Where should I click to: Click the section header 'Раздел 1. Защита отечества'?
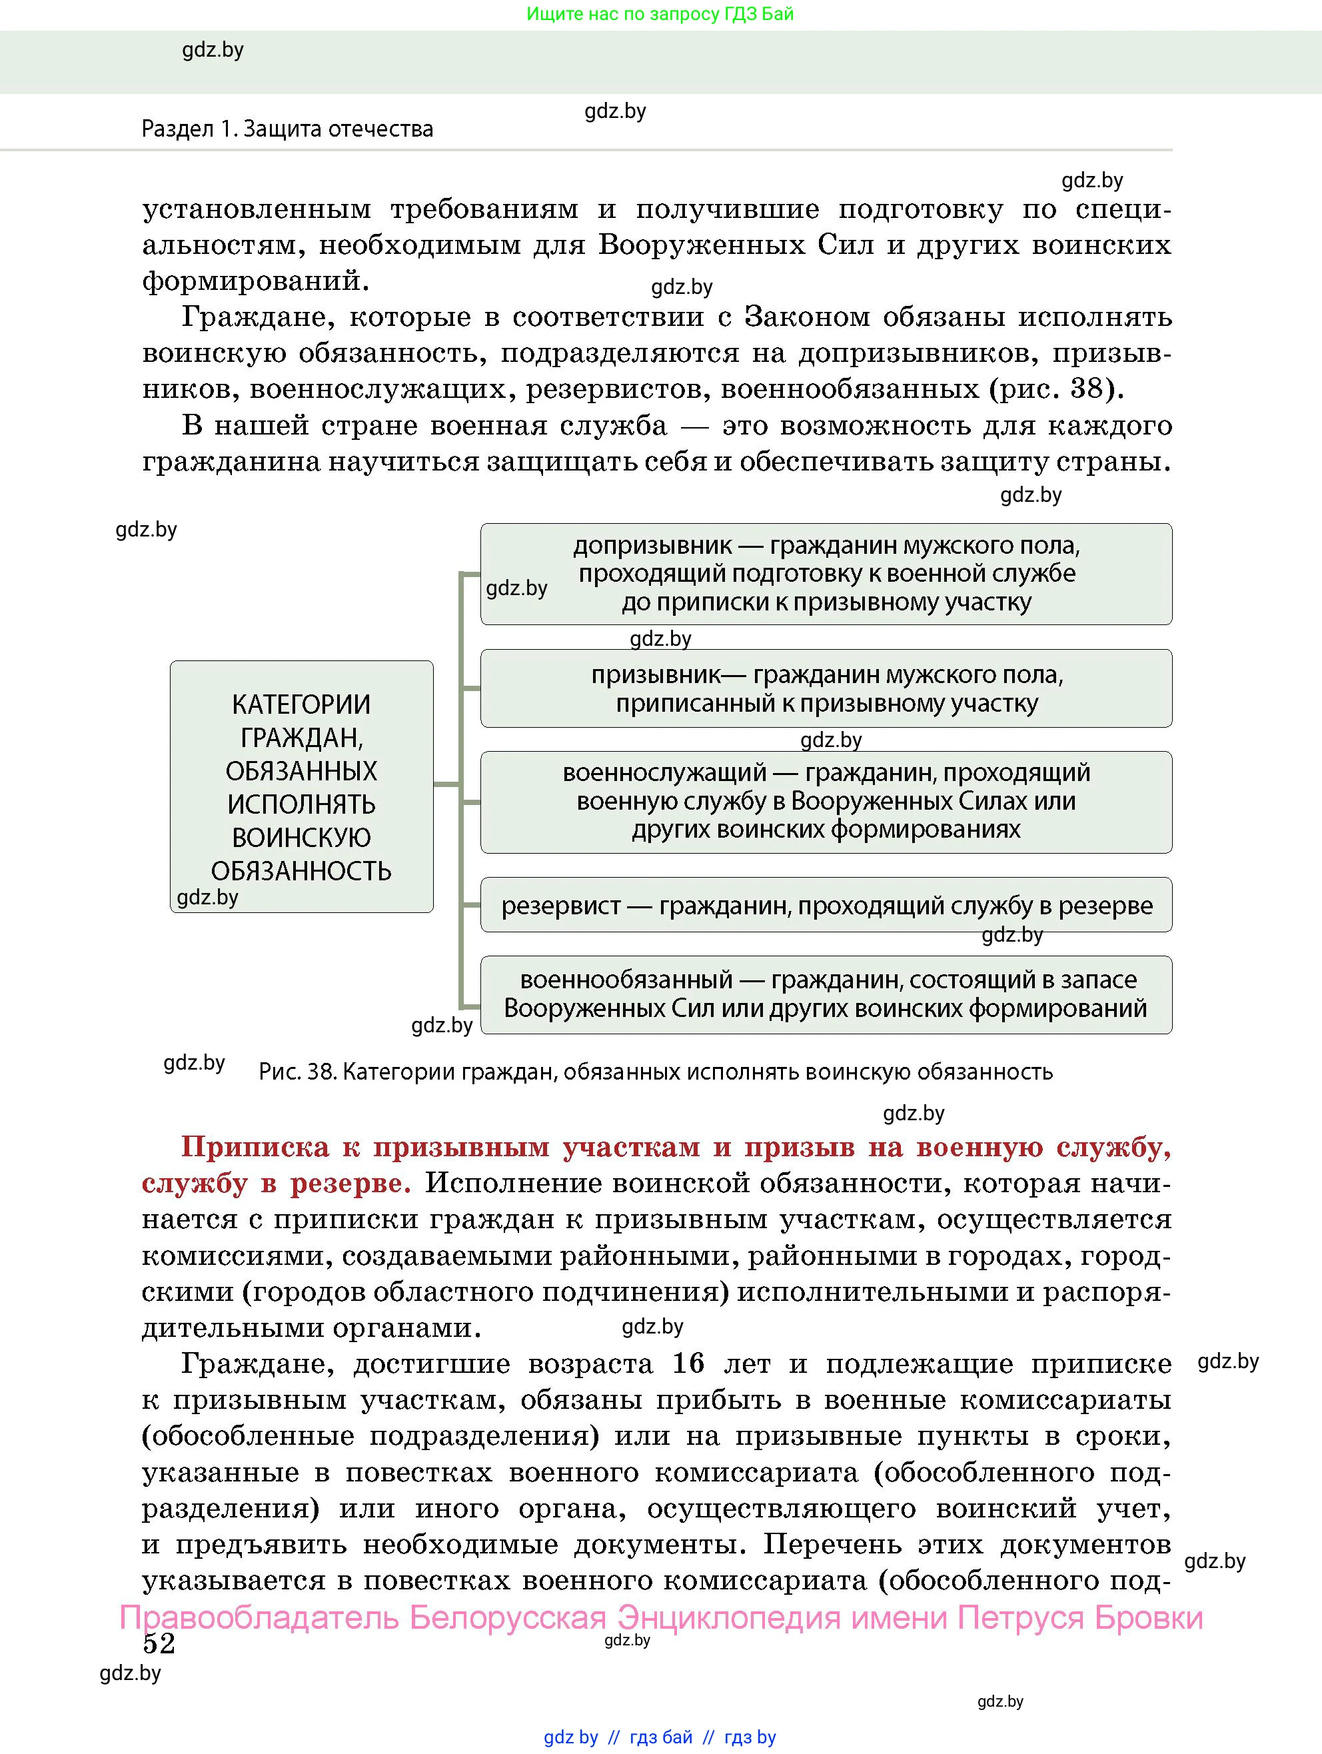pyautogui.click(x=287, y=129)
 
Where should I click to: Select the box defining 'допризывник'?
pyautogui.click(x=826, y=573)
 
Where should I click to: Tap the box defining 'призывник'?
pyautogui.click(x=826, y=688)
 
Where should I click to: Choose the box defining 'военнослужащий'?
pyautogui.click(x=826, y=802)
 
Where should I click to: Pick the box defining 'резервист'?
pyautogui.click(x=826, y=905)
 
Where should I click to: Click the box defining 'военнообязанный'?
pyautogui.click(x=826, y=994)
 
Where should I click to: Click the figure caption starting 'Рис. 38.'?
pyautogui.click(x=655, y=1072)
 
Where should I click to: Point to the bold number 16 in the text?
pyautogui.click(x=688, y=1363)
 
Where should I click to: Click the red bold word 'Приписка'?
pyautogui.click(x=255, y=1147)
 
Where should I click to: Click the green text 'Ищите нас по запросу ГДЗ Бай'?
pyautogui.click(x=660, y=13)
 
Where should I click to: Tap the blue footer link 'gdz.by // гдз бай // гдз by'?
pyautogui.click(x=660, y=1737)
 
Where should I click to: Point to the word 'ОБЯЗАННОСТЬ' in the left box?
pyautogui.click(x=301, y=870)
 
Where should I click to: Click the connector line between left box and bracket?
pyautogui.click(x=446, y=784)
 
